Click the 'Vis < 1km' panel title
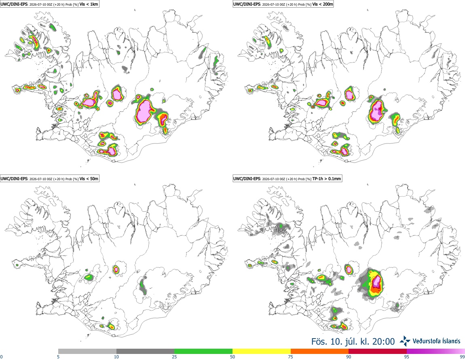(x=89, y=4)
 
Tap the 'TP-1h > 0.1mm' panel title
(x=326, y=179)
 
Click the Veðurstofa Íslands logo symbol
(x=405, y=341)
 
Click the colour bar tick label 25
(x=174, y=357)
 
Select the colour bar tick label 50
(x=232, y=357)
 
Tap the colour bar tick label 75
(x=291, y=357)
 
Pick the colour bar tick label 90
(x=349, y=357)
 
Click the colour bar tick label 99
(x=462, y=357)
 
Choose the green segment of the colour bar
(x=203, y=352)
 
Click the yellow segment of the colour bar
(x=262, y=352)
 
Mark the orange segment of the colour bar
(x=320, y=352)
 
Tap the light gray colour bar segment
(x=87, y=352)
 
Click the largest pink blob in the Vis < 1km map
(x=144, y=110)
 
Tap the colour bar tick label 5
(x=58, y=357)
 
